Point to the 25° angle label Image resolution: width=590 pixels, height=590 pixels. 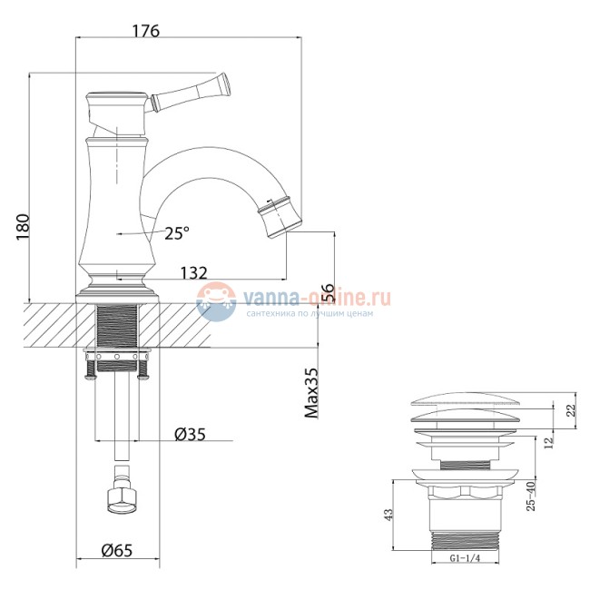(178, 233)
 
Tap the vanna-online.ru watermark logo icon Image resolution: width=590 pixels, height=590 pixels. (216, 301)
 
